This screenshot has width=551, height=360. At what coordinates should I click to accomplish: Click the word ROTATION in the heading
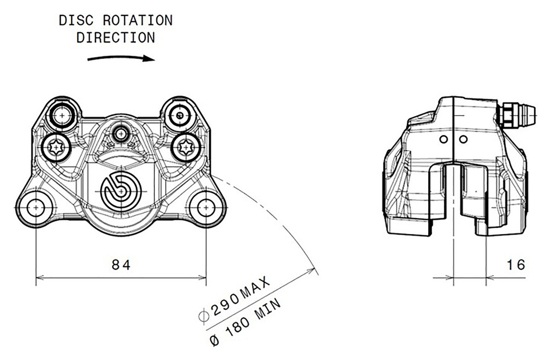pos(137,21)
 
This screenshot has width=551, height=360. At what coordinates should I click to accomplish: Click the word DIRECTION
pos(115,38)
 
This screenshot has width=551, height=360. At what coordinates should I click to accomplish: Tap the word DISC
pos(76,21)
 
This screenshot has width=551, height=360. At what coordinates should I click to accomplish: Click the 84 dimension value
pos(121,265)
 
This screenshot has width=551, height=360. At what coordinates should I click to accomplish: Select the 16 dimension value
pos(516,265)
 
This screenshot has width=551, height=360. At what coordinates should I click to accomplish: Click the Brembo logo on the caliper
pos(121,191)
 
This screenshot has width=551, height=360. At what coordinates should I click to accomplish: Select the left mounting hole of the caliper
pos(36,208)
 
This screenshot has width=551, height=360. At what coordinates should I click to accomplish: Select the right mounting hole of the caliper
pos(206,208)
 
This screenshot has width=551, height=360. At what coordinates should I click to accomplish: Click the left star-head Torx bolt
pos(56,148)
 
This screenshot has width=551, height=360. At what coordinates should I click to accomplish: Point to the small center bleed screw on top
pos(121,134)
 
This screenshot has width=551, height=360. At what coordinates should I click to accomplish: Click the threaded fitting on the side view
pos(517,116)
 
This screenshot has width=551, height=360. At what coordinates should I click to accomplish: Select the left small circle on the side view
pos(443,139)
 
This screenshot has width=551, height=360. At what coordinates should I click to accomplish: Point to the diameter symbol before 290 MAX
pos(204,316)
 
